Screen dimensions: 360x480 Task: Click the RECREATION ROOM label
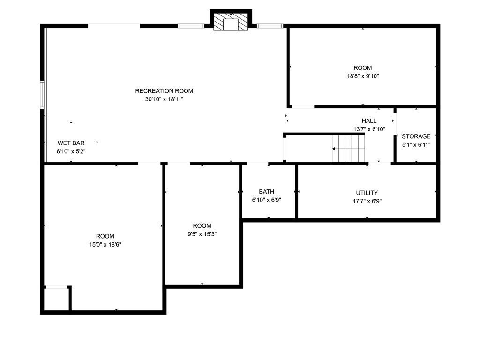(x=164, y=91)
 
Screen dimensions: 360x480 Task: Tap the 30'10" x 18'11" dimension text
(x=164, y=99)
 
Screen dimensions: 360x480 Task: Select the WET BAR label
(x=71, y=143)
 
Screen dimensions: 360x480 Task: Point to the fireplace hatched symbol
(x=231, y=22)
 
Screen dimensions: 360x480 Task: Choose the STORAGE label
(x=416, y=136)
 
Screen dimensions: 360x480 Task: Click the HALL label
(x=369, y=121)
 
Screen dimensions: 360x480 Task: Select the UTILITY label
(x=367, y=193)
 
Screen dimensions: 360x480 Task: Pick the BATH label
(x=266, y=192)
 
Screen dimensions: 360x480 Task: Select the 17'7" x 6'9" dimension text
(x=367, y=201)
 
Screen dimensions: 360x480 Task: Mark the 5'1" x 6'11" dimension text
(x=416, y=145)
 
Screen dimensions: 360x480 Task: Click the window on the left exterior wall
(x=42, y=94)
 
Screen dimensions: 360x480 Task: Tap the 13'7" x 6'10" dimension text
(x=369, y=129)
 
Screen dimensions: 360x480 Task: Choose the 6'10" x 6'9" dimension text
(x=266, y=200)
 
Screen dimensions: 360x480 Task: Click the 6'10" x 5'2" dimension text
(x=71, y=151)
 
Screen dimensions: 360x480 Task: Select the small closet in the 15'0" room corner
(x=56, y=299)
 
